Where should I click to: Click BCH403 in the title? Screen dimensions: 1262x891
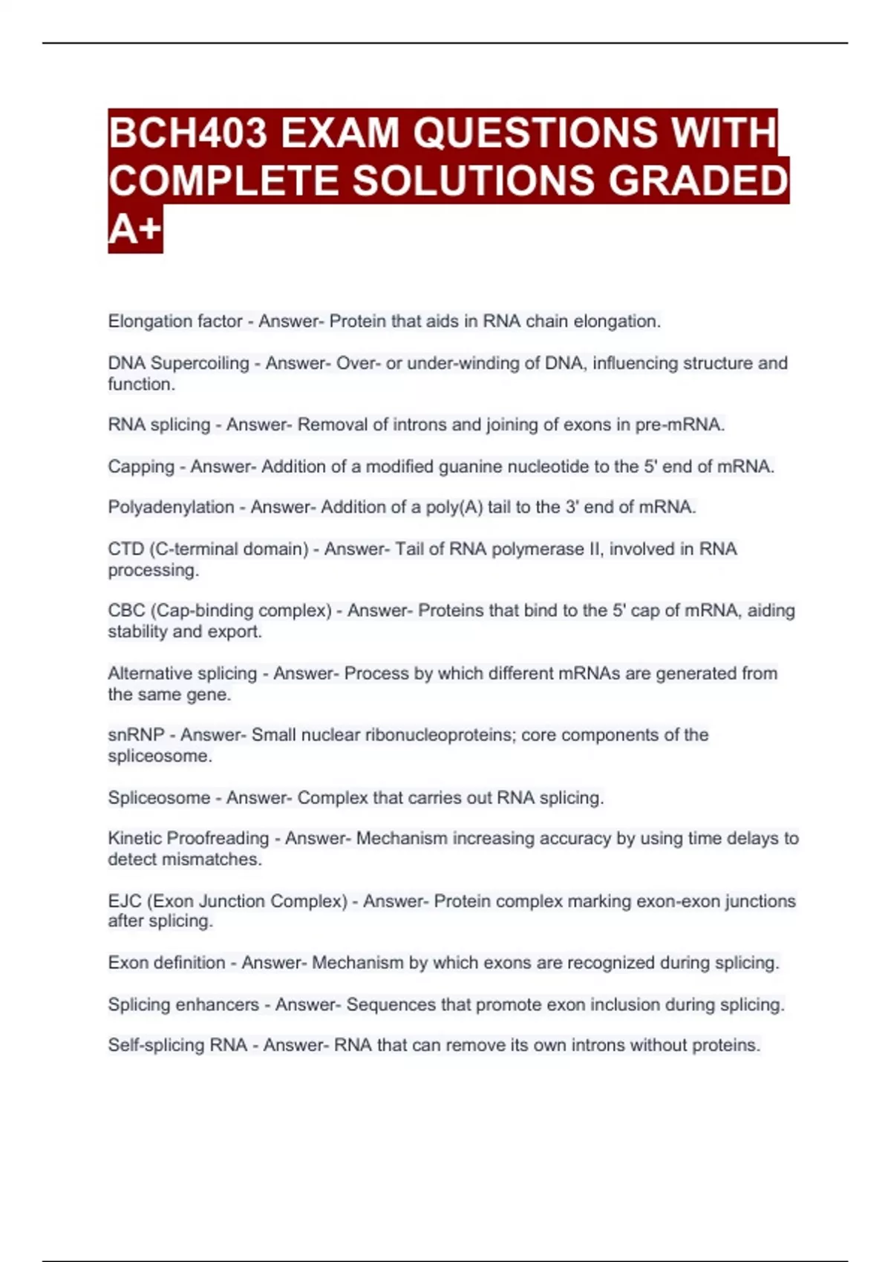point(188,134)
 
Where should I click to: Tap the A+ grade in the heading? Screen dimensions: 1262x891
point(134,229)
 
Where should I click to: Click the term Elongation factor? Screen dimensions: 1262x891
point(175,321)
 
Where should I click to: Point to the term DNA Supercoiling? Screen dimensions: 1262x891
point(178,363)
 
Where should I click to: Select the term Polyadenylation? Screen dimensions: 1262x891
point(171,507)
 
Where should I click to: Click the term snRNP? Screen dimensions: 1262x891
point(136,734)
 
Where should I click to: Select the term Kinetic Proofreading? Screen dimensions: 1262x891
point(189,838)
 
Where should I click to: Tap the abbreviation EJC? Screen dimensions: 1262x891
point(124,900)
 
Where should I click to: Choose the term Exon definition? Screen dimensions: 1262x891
point(166,962)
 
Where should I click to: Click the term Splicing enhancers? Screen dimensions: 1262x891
point(183,1004)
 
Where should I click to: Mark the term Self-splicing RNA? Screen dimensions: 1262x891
point(177,1045)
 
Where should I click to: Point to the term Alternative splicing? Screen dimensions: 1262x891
point(182,673)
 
